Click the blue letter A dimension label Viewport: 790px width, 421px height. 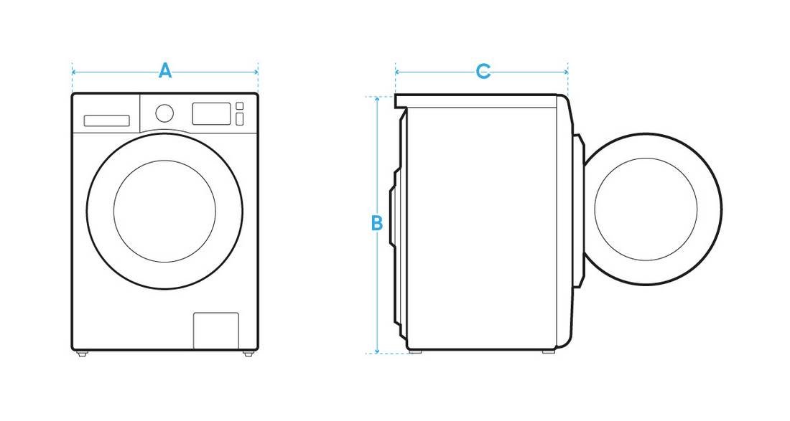165,71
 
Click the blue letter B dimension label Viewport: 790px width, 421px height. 377,223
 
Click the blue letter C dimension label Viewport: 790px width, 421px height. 483,72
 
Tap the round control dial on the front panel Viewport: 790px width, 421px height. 164,113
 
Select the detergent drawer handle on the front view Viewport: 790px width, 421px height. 107,120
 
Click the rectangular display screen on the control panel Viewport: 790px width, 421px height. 212,113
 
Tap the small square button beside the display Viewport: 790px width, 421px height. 240,105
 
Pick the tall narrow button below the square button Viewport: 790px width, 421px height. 240,119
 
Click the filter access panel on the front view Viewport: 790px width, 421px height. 216,331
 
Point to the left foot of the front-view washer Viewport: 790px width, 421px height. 82,354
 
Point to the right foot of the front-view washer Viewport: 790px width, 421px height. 248,354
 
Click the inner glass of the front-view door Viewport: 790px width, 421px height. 164,212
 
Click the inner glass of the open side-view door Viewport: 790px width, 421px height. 646,209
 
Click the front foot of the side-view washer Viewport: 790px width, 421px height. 549,351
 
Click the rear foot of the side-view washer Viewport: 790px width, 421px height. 415,351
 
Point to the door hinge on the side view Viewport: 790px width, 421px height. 579,209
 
